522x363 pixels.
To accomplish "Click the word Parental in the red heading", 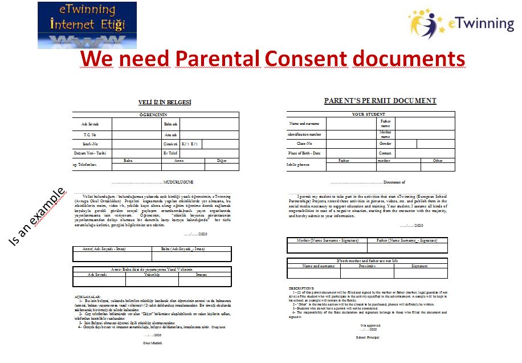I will (x=217, y=59).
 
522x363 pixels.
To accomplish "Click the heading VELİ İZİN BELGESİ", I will (x=165, y=103).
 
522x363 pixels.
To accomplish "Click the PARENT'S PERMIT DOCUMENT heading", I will (x=380, y=101).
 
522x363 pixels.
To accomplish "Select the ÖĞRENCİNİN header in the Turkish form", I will (x=152, y=115).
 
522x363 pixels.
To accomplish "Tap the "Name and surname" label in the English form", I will (x=305, y=124).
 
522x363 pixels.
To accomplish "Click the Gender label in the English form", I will (x=385, y=144).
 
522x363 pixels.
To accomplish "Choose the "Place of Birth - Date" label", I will (x=305, y=153).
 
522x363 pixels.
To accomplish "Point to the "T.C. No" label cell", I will (x=91, y=134).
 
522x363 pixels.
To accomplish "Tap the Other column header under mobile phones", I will (x=438, y=161).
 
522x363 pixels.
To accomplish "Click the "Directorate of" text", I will (x=394, y=182).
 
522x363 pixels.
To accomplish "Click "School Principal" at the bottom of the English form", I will (x=367, y=337).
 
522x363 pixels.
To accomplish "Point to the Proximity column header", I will (x=367, y=266).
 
